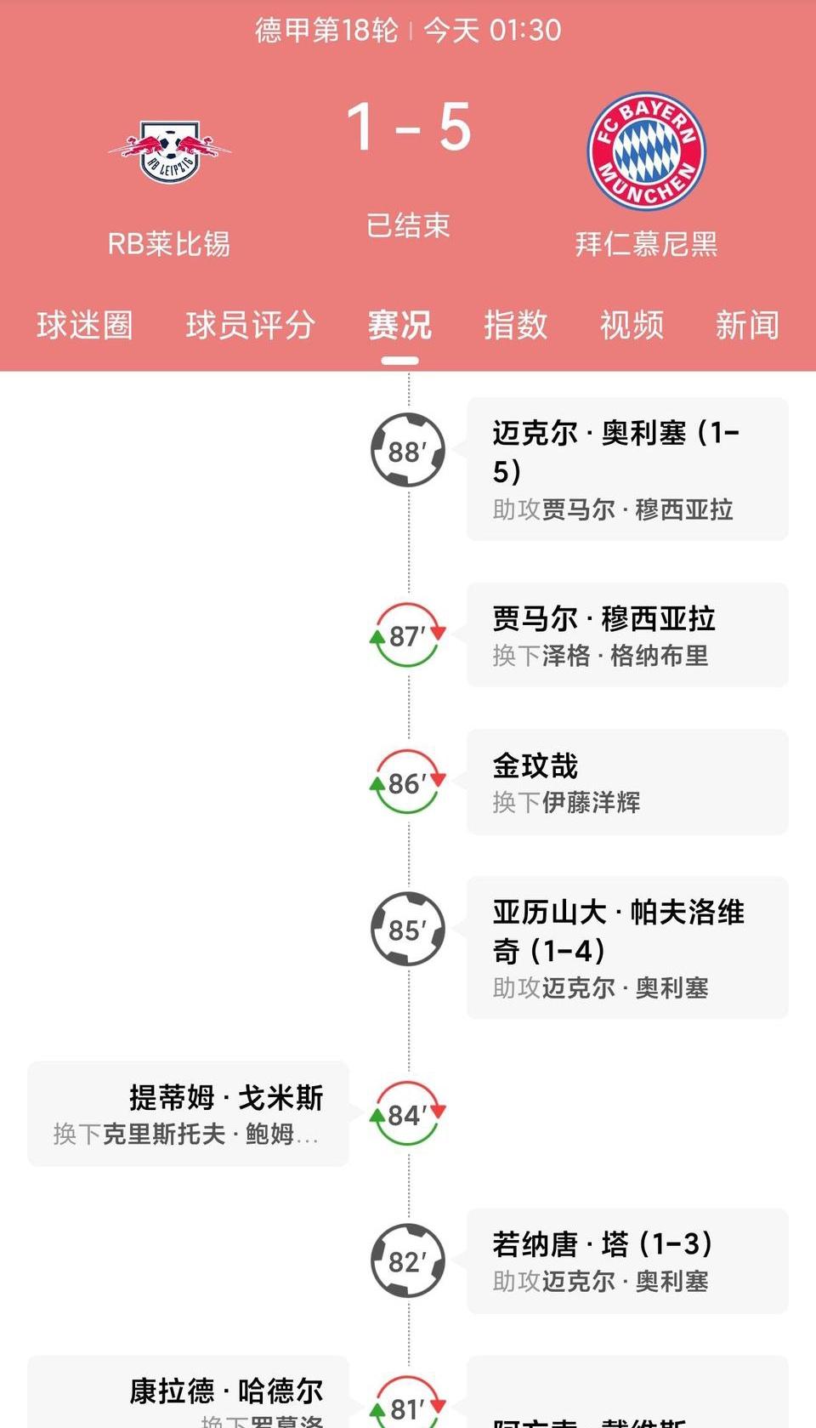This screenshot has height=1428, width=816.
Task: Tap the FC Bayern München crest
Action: point(646,151)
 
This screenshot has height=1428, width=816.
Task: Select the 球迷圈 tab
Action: point(84,325)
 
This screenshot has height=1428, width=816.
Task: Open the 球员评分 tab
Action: point(250,325)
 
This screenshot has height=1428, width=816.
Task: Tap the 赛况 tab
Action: point(399,325)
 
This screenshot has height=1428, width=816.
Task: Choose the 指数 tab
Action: point(515,325)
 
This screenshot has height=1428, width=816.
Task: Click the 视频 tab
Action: point(631,325)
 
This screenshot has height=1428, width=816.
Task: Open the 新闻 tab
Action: point(747,325)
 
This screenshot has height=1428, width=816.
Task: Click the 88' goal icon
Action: point(408,450)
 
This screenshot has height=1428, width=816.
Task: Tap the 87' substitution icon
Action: point(408,635)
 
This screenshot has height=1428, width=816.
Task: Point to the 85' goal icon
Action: point(408,930)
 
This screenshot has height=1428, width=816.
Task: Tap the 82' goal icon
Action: point(408,1261)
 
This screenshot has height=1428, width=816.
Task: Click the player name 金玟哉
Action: point(535,765)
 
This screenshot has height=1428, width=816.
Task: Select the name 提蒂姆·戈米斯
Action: point(226,1097)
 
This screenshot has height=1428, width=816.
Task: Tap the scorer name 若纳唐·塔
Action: point(560,1244)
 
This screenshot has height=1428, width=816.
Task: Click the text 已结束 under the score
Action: point(408,225)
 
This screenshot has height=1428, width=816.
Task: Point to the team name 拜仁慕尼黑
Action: point(646,244)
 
